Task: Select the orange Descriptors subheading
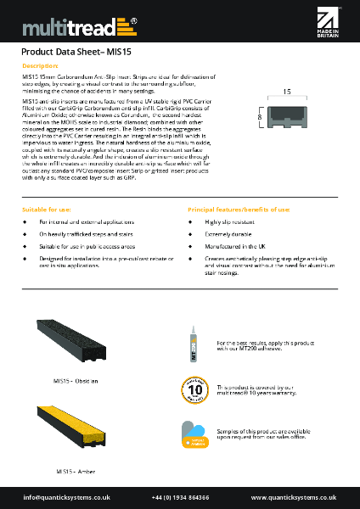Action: [40, 65]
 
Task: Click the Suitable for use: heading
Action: [48, 209]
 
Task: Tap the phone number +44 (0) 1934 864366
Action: [181, 496]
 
